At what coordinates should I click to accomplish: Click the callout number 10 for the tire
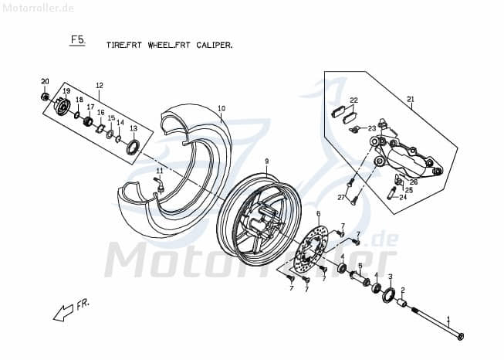point(221,108)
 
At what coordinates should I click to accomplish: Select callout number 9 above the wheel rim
point(266,161)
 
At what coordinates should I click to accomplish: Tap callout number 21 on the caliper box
point(411,99)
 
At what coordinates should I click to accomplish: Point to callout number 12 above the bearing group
point(100,85)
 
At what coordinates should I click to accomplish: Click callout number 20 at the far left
point(45,82)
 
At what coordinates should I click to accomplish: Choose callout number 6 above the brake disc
point(318,213)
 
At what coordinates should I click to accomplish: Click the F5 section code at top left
point(76,39)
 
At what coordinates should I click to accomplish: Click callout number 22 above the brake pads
point(354,100)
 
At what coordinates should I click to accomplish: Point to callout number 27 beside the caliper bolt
point(340,198)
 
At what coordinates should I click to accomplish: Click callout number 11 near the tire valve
point(160,171)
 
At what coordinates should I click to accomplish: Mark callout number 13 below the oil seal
point(134,129)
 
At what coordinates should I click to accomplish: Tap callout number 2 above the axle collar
point(403,290)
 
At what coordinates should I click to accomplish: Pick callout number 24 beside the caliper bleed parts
point(403,197)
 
